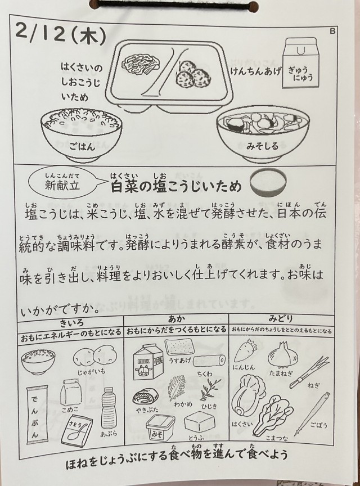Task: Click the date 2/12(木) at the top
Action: (60, 35)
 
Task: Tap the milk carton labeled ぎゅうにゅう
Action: (300, 63)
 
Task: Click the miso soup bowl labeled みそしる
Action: (263, 136)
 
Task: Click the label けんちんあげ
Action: (255, 71)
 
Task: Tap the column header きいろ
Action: (71, 323)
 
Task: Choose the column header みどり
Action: (281, 318)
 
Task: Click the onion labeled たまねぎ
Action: (281, 354)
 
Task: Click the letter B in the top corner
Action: (332, 31)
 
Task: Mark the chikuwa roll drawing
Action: (209, 360)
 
